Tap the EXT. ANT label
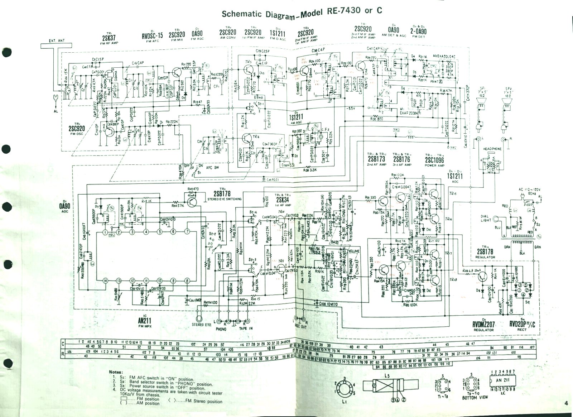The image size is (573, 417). coord(57,40)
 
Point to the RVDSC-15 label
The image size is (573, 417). coord(152,35)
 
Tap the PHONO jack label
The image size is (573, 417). coord(221,329)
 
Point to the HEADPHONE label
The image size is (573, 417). coord(492,149)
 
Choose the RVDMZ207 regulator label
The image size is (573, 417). coord(483,324)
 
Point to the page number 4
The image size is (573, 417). coord(566,403)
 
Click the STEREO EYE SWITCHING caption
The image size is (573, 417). coord(225,199)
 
